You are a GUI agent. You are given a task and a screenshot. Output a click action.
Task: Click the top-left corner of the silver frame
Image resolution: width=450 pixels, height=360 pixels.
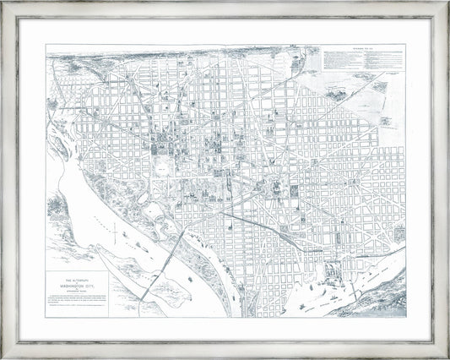(x=4, y=4)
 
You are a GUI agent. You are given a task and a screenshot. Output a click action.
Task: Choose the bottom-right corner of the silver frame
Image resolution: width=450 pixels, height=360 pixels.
(x=446, y=356)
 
